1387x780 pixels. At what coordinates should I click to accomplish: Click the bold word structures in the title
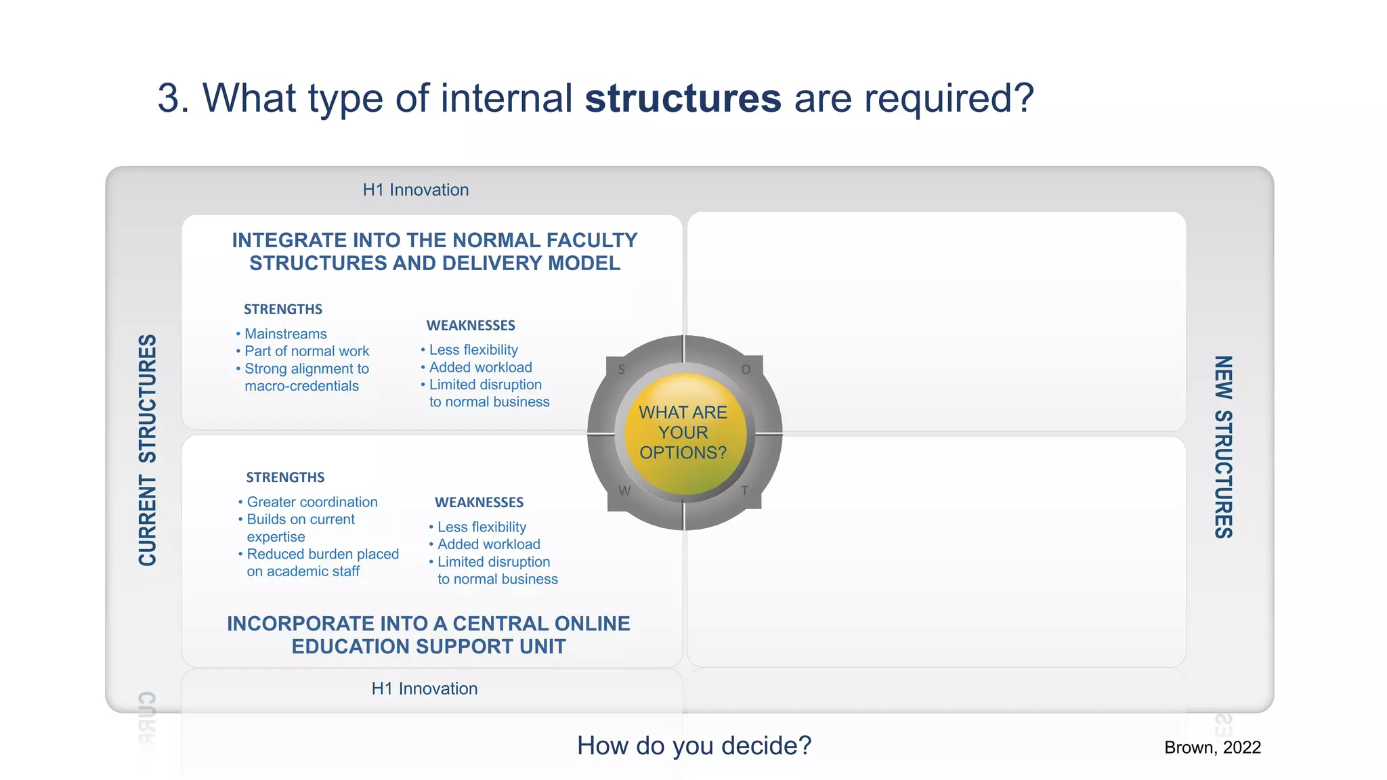click(683, 99)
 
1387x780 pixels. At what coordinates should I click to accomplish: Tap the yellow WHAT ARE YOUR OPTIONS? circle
click(684, 433)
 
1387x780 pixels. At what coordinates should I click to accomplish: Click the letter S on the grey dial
click(622, 370)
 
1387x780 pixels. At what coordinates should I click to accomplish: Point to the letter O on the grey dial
click(746, 370)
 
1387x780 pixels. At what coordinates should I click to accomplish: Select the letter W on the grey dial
click(624, 491)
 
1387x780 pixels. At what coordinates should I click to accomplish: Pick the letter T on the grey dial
click(744, 491)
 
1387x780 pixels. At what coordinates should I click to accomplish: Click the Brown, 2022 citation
click(1212, 747)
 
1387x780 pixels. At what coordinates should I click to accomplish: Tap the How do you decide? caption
click(693, 745)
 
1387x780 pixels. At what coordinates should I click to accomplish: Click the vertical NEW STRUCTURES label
click(1223, 447)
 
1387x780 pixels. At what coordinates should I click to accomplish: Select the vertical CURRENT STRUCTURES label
click(148, 450)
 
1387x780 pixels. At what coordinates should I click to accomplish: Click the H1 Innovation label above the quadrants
click(415, 190)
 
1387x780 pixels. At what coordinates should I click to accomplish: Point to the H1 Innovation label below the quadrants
click(424, 689)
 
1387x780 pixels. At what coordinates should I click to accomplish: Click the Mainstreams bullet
click(285, 334)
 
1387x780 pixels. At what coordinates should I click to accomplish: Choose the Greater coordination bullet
click(312, 502)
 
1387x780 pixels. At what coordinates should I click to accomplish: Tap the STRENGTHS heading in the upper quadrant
click(282, 309)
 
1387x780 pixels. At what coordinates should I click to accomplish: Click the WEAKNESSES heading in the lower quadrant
click(479, 502)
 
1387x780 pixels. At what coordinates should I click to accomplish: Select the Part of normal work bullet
click(306, 351)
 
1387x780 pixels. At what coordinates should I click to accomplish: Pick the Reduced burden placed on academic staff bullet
click(322, 563)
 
